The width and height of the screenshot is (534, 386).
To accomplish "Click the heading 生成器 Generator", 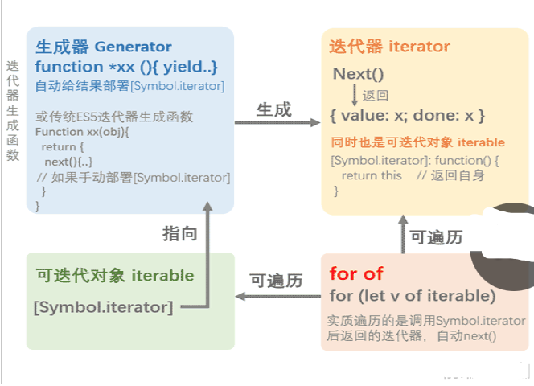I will click(103, 47).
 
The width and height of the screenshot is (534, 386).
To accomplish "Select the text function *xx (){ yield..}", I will click(126, 66).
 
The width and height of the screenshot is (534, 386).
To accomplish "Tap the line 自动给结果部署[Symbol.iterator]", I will click(129, 86).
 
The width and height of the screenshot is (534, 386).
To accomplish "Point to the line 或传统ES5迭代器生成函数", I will click(114, 117).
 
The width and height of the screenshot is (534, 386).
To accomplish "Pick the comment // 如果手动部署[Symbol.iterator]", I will click(133, 177).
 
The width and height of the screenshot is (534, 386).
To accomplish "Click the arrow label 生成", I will click(273, 109).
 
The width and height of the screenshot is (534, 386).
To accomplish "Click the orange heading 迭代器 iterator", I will click(389, 47).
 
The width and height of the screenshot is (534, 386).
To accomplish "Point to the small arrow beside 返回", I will click(354, 94).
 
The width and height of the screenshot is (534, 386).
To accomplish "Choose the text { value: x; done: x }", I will click(407, 115).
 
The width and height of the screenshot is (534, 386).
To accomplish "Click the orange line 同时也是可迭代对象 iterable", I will click(418, 142).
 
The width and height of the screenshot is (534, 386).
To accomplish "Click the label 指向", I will click(179, 233).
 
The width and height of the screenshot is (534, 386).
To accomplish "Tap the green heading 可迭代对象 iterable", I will click(115, 276).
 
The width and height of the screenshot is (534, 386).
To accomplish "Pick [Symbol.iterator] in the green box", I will click(103, 306).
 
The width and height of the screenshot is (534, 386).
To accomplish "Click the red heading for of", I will click(356, 273).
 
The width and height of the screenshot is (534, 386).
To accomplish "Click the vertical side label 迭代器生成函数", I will click(12, 110).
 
